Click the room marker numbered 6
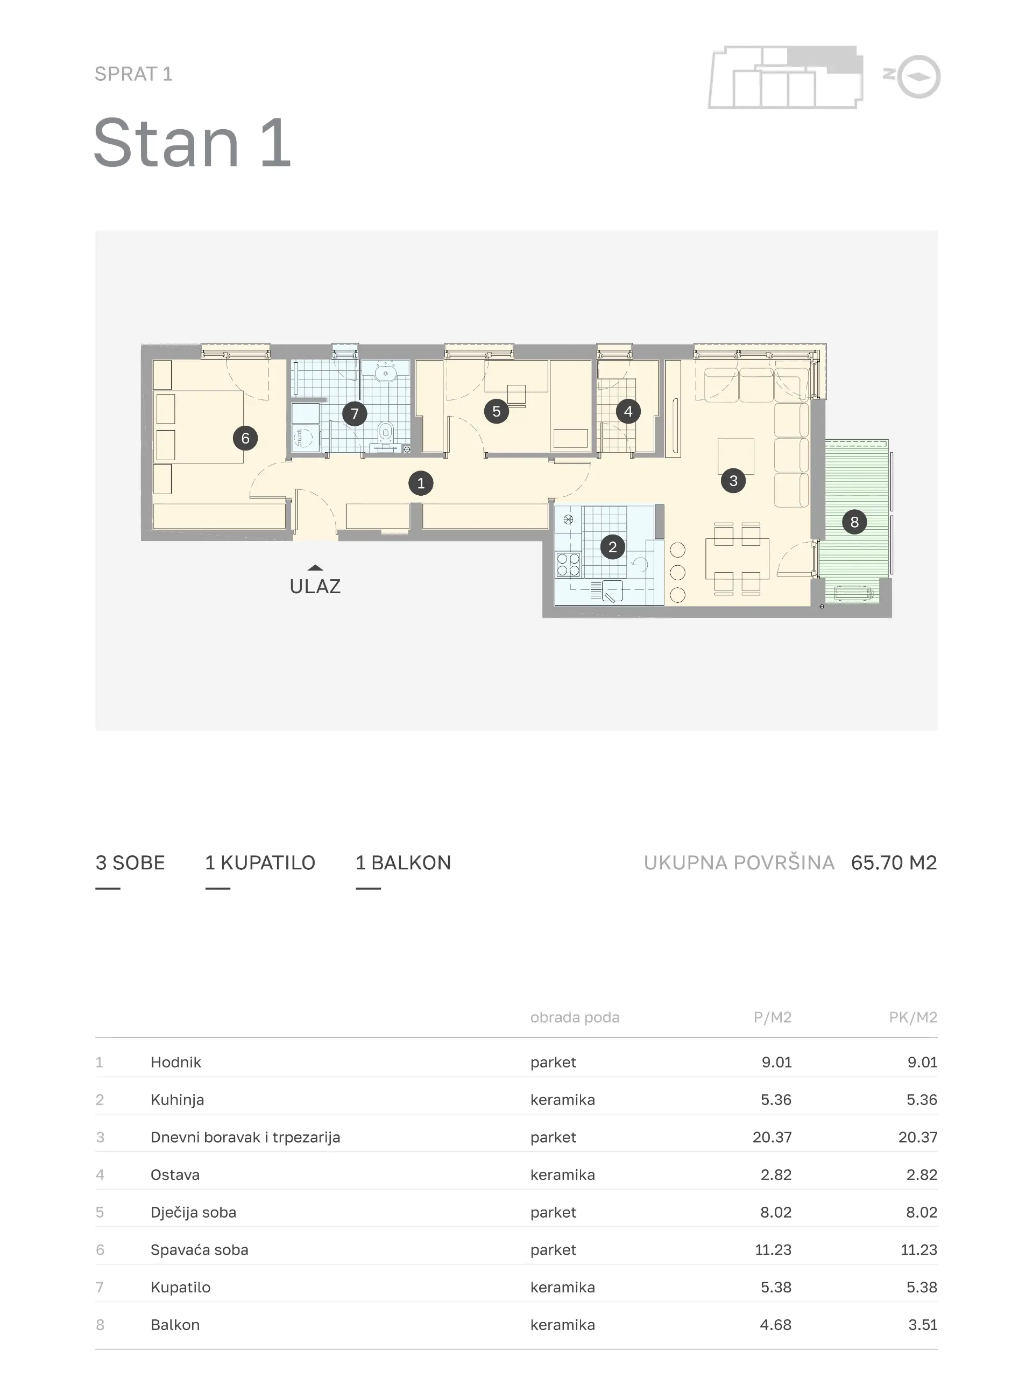coord(245,439)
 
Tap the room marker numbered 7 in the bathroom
coord(355,413)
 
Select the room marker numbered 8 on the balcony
coord(854,522)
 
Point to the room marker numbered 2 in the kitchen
coord(613,547)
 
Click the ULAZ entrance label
coord(315,586)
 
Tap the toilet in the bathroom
coord(386,431)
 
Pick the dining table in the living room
coord(737,559)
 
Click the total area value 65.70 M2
coord(894,863)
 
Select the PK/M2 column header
coord(913,1017)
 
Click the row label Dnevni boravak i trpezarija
coord(245,1137)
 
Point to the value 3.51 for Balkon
coord(923,1325)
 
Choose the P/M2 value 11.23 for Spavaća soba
coord(773,1250)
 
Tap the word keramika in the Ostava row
coord(563,1175)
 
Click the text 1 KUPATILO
coord(260,863)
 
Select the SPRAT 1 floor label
coord(133,74)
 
